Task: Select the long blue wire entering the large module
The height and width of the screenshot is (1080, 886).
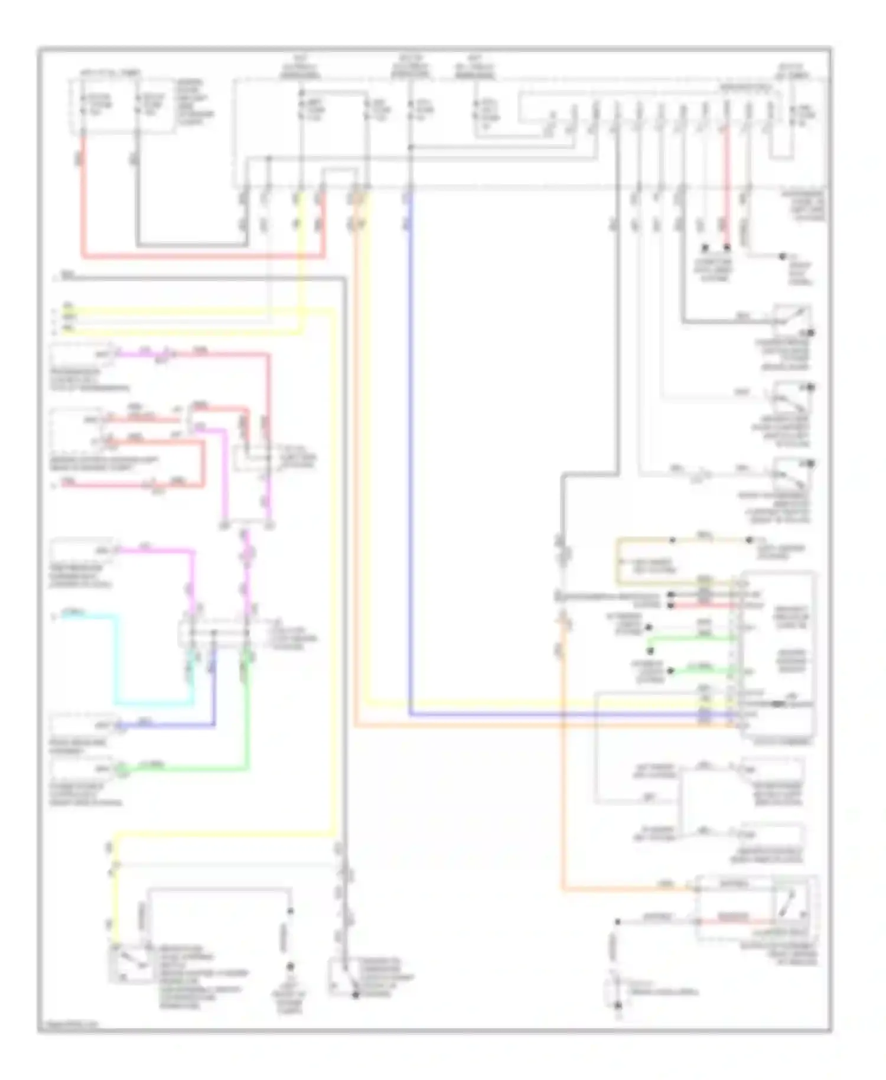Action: [x=410, y=473]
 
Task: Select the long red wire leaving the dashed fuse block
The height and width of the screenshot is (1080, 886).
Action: [x=201, y=256]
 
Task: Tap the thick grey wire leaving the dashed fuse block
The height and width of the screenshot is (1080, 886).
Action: [x=189, y=243]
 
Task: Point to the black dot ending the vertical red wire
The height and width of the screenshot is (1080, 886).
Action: [x=727, y=248]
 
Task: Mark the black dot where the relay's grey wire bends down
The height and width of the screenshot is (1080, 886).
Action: [x=618, y=922]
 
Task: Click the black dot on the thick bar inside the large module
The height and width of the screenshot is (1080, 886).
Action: [x=778, y=704]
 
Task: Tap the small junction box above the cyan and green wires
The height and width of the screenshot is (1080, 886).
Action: [x=216, y=633]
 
